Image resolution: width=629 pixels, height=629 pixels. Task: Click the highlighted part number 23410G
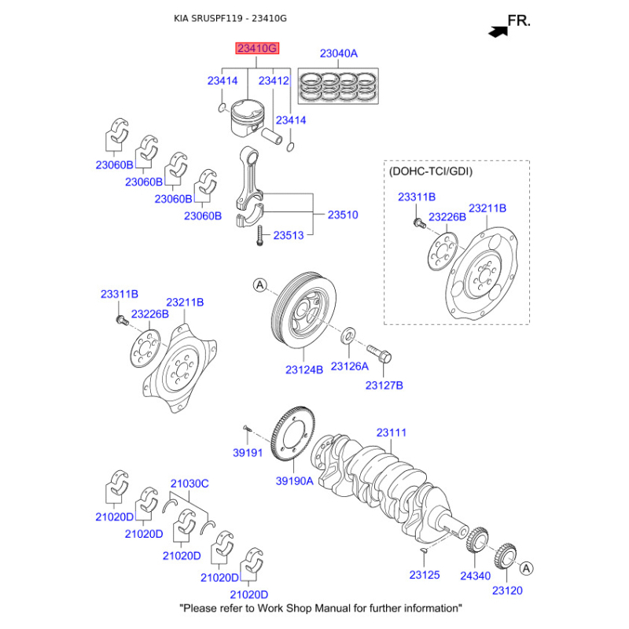257,49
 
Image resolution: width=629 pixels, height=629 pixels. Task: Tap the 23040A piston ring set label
338,54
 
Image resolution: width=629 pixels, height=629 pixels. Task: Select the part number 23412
274,80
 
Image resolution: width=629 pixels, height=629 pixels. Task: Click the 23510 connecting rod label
343,214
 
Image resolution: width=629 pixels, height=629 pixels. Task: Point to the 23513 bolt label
289,234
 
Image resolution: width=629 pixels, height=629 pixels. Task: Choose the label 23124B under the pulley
304,369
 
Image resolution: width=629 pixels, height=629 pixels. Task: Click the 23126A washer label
350,366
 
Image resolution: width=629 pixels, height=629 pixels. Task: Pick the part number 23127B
384,385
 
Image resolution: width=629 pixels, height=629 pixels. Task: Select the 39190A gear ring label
294,481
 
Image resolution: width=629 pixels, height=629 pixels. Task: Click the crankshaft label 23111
391,432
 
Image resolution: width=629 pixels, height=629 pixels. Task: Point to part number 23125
425,576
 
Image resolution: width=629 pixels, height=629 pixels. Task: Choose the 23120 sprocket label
507,590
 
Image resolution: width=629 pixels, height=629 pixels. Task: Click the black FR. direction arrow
497,31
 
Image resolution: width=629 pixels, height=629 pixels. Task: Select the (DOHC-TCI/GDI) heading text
431,171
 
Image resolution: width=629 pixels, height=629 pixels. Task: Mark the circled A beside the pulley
260,285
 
